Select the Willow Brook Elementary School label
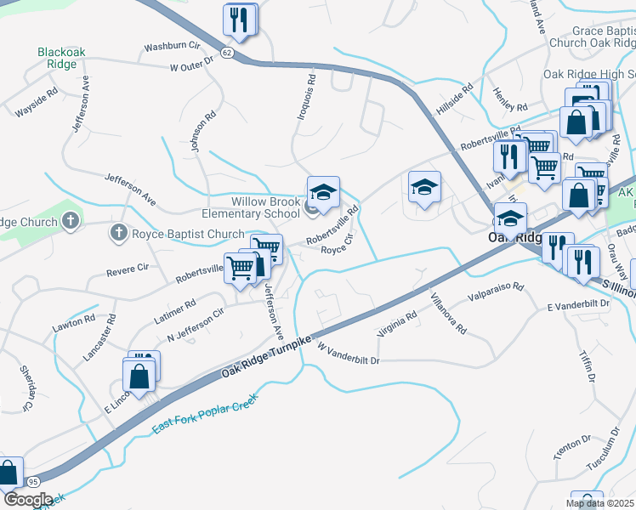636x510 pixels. [x=266, y=208]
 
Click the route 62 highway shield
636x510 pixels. [x=226, y=52]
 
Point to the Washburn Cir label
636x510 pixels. [x=171, y=46]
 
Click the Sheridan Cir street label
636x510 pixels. [x=27, y=388]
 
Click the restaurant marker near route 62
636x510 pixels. [x=239, y=20]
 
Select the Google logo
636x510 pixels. [x=27, y=499]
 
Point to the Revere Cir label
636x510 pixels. [x=126, y=271]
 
